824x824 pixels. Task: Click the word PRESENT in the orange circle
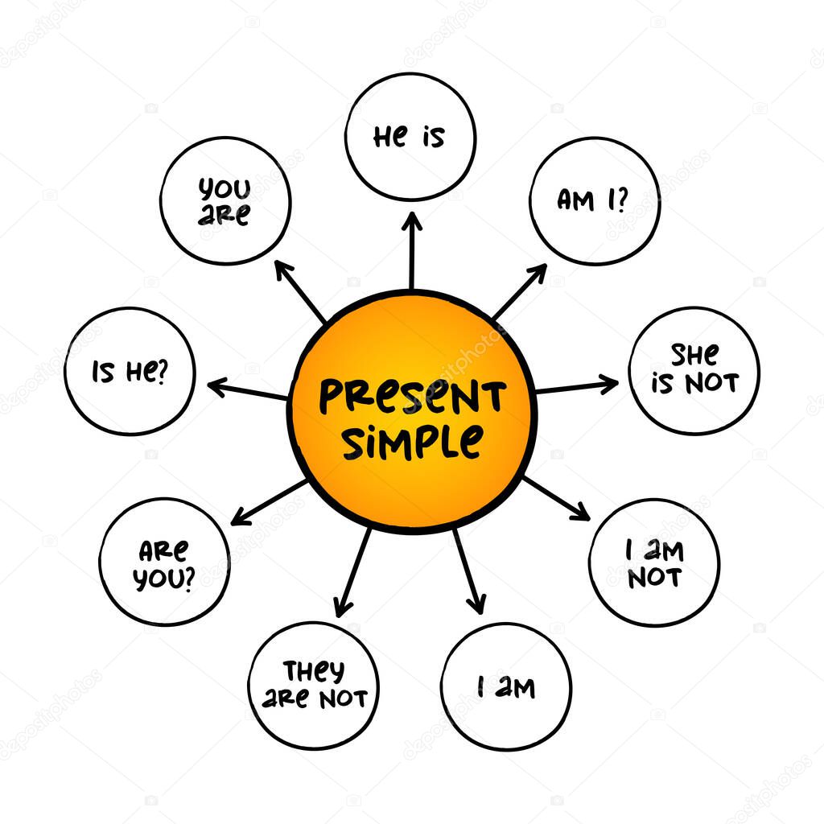point(412,397)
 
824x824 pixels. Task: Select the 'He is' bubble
point(410,137)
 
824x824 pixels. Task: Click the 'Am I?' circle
point(595,200)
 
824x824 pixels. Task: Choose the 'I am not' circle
point(654,562)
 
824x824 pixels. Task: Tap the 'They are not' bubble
point(313,685)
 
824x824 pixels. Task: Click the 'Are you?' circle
point(164,562)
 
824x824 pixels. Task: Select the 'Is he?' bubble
point(130,371)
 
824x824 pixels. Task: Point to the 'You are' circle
point(225,201)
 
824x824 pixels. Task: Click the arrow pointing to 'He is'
point(411,249)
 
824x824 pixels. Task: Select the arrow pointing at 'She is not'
point(576,387)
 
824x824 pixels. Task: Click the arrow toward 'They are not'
point(354,572)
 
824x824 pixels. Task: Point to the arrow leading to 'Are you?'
point(270,503)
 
